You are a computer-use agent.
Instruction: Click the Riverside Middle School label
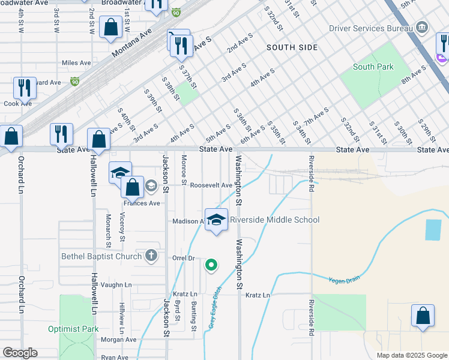click(274, 220)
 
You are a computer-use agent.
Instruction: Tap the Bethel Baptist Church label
click(101, 256)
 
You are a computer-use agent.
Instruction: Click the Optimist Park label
click(73, 329)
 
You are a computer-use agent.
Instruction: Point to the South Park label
click(373, 67)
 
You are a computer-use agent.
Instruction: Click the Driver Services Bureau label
click(370, 28)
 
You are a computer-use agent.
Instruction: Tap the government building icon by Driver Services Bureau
click(421, 28)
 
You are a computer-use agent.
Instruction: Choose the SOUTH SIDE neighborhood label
click(292, 47)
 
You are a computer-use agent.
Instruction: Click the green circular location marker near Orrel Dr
click(211, 264)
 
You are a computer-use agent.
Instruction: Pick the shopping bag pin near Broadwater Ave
click(111, 28)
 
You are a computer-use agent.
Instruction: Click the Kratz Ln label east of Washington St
click(258, 295)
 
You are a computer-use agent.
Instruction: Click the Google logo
click(20, 353)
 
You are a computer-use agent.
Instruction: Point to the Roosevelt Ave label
click(211, 185)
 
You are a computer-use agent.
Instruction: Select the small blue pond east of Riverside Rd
click(432, 230)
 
